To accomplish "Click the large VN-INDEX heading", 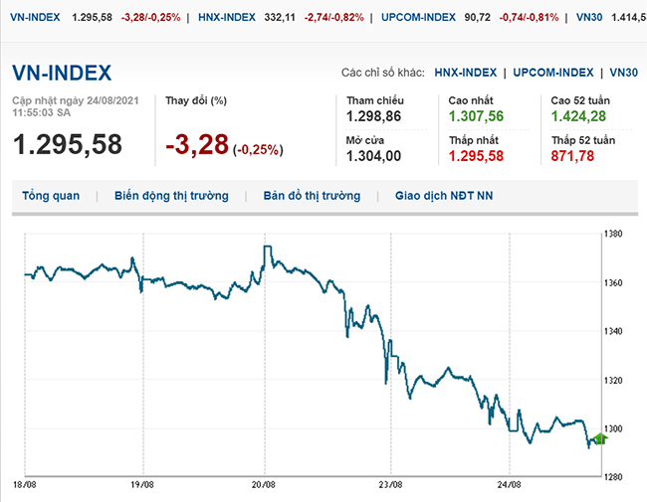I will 62,73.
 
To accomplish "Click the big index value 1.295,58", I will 68,143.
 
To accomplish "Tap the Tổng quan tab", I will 51,196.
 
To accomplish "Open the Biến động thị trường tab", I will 171,196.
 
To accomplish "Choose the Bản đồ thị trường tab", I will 312,196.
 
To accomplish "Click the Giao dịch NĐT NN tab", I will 444,196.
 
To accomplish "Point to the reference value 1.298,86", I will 373,117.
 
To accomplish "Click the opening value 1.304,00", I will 373,156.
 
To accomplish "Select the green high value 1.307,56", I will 476,117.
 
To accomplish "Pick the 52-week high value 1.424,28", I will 579,117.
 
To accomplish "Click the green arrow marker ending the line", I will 599,437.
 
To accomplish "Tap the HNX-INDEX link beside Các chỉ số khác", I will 466,73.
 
